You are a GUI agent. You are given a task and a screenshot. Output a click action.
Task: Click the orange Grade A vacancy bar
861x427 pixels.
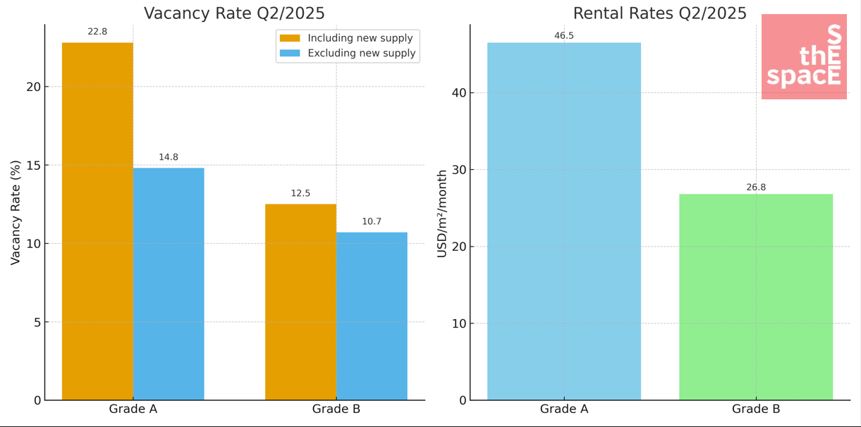click(x=97, y=221)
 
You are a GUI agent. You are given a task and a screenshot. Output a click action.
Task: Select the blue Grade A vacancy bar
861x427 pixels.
click(x=169, y=284)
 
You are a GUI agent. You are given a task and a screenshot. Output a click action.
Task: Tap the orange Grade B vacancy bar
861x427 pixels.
click(x=300, y=302)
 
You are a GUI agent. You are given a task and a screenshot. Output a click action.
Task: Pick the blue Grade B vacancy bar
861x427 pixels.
click(x=372, y=316)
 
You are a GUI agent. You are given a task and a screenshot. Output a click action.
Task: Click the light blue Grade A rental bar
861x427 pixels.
click(x=564, y=221)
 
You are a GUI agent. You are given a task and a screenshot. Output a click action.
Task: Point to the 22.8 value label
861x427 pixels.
click(x=97, y=32)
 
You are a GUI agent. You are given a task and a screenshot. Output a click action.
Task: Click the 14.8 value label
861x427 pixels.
click(x=169, y=157)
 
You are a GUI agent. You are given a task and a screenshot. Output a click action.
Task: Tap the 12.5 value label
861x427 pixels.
click(x=300, y=193)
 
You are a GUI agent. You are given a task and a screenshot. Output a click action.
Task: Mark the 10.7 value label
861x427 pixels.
click(x=372, y=221)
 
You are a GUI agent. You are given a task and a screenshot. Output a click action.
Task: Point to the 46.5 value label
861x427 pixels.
click(x=564, y=36)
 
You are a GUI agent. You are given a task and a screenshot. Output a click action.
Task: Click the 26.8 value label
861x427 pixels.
click(x=756, y=187)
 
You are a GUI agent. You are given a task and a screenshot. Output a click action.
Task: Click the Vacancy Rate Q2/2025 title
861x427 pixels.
click(x=235, y=13)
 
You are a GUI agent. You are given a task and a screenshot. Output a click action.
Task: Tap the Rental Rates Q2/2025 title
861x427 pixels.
click(x=659, y=13)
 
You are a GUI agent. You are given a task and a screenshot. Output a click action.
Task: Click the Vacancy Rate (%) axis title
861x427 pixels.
click(x=16, y=212)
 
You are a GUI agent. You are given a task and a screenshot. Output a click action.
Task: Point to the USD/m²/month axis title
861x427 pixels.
click(x=442, y=213)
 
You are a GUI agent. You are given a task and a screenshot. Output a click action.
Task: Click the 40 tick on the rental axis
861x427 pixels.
click(x=459, y=93)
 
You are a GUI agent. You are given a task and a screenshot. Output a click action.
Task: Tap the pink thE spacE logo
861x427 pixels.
click(x=804, y=56)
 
